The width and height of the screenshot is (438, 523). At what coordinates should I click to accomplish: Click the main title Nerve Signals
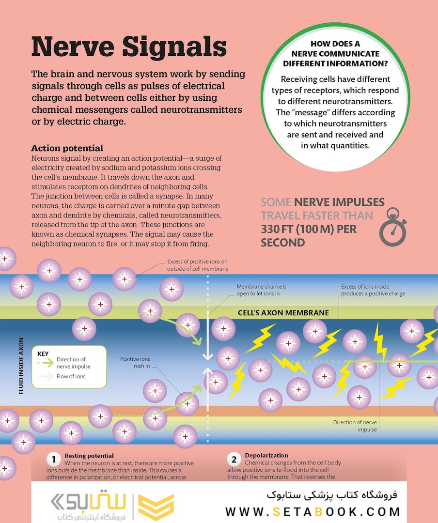(129, 47)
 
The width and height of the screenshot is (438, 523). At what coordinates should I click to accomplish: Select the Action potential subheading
(67, 148)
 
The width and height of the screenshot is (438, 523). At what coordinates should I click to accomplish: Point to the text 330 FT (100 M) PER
(309, 228)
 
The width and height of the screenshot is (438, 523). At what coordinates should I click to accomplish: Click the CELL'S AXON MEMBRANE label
(283, 313)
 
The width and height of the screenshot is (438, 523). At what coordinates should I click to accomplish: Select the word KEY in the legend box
(43, 354)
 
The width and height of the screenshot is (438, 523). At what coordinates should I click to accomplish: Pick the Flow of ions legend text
(71, 376)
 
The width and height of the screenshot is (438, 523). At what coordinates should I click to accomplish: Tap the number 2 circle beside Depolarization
(234, 459)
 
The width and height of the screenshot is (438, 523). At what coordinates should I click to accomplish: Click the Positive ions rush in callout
(135, 363)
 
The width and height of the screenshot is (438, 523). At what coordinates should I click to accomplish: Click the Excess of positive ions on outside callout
(198, 265)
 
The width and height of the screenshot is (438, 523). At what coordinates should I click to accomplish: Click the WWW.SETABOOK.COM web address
(313, 511)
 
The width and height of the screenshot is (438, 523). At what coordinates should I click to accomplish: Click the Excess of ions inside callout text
(373, 290)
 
